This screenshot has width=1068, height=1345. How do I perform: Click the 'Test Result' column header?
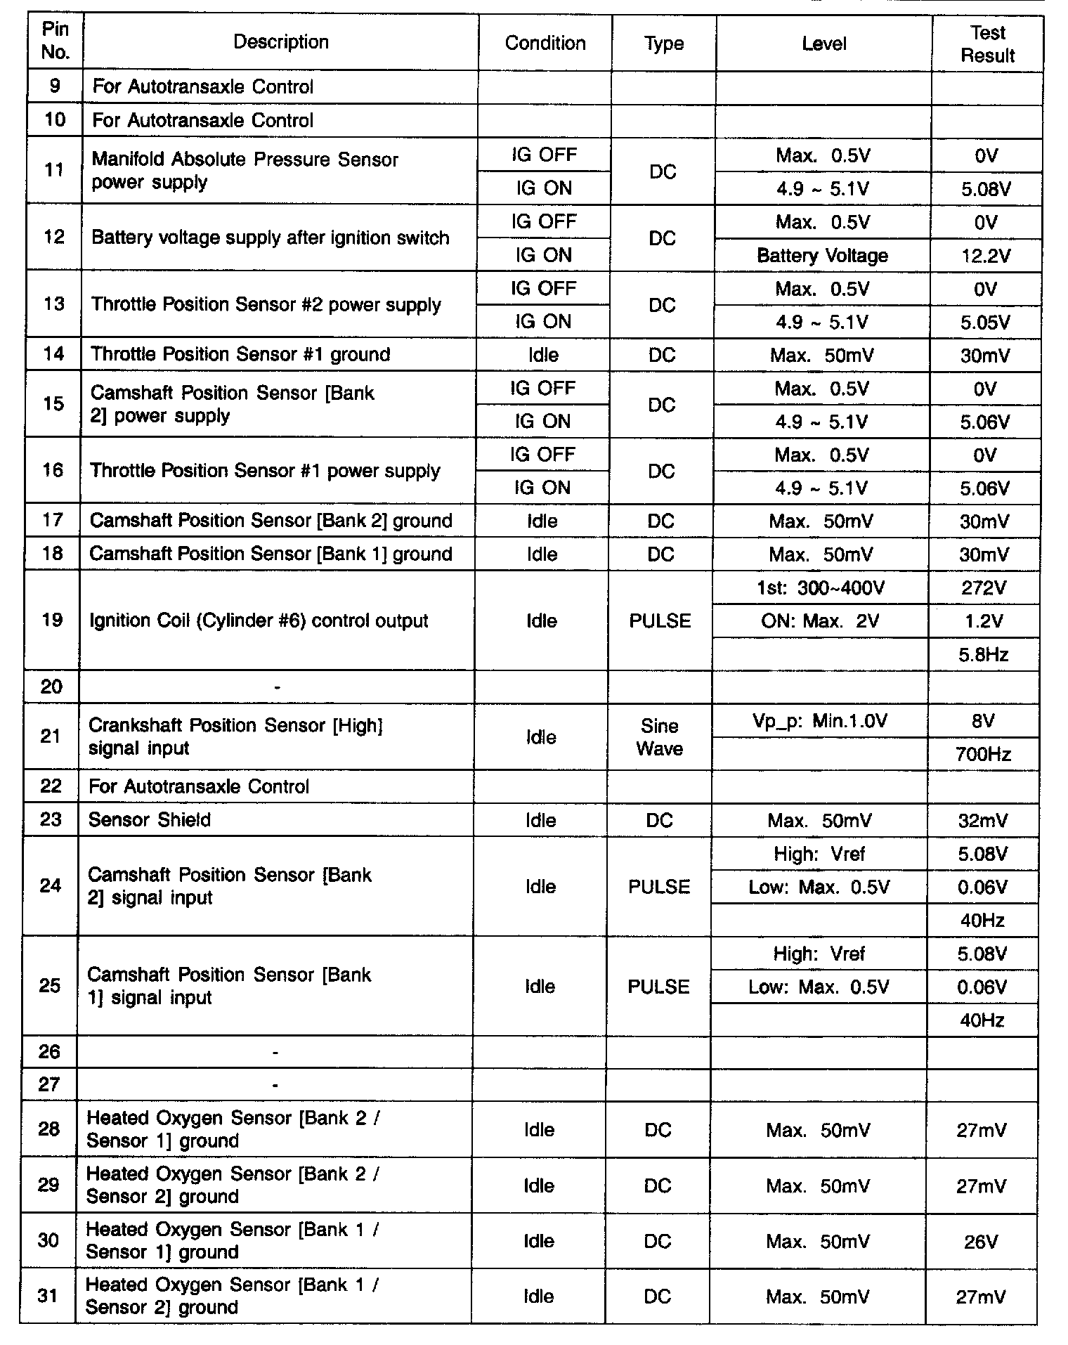click(x=987, y=44)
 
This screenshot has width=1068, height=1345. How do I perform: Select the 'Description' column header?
click(x=280, y=42)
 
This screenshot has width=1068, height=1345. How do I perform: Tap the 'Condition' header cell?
click(x=545, y=44)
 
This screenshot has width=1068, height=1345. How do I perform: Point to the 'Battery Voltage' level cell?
click(x=822, y=256)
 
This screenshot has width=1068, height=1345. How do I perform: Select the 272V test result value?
click(x=984, y=588)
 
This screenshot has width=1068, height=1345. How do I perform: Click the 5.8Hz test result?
click(x=984, y=655)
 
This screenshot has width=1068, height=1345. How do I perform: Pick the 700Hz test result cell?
click(x=983, y=755)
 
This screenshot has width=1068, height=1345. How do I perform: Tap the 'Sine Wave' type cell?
click(x=660, y=737)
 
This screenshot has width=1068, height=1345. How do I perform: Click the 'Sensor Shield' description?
click(x=149, y=820)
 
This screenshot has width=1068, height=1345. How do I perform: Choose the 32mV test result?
click(x=983, y=821)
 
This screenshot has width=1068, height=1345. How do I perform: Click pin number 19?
click(x=52, y=620)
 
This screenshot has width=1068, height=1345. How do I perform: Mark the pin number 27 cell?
click(x=49, y=1084)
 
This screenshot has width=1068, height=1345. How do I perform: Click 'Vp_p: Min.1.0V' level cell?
click(x=819, y=721)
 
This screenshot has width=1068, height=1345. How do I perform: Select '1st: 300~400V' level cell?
click(x=820, y=588)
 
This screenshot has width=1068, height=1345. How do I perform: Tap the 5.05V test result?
click(x=985, y=323)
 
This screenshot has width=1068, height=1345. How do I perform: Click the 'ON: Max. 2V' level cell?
click(x=820, y=621)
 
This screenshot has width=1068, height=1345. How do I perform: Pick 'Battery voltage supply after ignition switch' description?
click(x=271, y=238)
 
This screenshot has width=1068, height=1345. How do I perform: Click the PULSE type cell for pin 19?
click(x=660, y=621)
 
